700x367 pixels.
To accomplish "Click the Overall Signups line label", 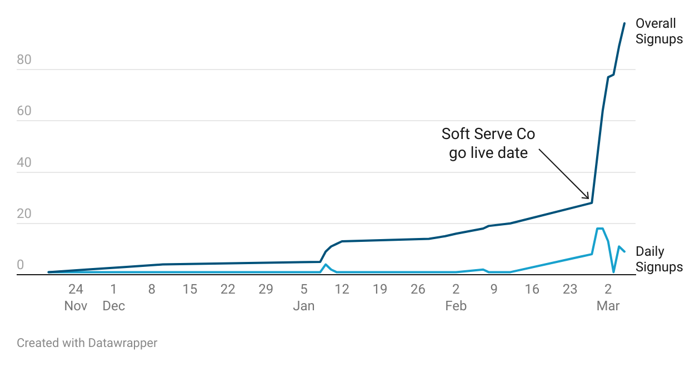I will point(659,31).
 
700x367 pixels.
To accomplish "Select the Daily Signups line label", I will point(659,259).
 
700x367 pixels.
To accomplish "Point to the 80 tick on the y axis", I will point(24,60).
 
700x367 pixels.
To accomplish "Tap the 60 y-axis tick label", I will point(24,111).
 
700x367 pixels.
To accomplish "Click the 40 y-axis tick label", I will point(24,163).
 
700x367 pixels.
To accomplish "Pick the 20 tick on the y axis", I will point(24,214).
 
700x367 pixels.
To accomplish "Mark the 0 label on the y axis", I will point(21,265).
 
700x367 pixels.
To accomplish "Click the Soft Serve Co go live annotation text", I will point(488,143).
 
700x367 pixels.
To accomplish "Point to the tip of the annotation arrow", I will point(589,199).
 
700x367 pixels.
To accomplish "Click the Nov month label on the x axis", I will point(76,306).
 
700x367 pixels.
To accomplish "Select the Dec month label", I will point(113,306).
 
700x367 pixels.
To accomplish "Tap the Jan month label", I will point(304,306).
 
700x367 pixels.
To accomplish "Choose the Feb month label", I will point(456,306).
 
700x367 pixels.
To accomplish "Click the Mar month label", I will point(608,306).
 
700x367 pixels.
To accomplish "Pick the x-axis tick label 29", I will point(266,289).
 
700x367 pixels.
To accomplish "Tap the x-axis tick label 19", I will point(380,289).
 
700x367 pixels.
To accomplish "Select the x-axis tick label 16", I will point(532,289).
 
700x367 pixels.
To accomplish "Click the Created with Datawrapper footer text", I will point(87,343).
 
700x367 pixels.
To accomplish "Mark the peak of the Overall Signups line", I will point(624,23).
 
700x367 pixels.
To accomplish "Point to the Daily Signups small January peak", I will point(326,265).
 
